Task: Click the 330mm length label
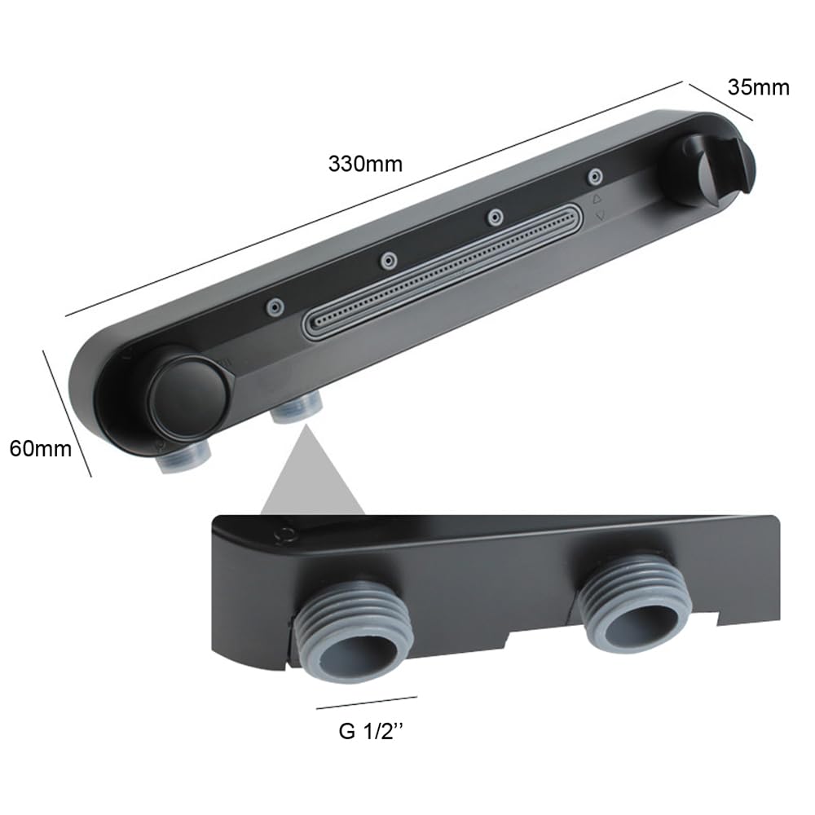point(365,164)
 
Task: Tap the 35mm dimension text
point(758,87)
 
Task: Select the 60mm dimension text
point(41,448)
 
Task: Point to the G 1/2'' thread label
point(371,731)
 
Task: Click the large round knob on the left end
point(187,394)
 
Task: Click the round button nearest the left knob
point(275,307)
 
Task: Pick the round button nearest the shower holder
point(595,177)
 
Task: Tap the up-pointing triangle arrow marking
point(597,199)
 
